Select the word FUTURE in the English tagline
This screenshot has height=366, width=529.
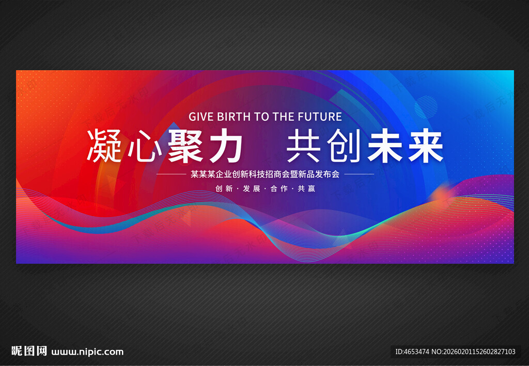pos(318,116)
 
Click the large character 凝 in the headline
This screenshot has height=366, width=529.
pos(104,147)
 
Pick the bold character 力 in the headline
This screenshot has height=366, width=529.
pos(225,147)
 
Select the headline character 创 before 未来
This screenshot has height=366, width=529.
pos(345,147)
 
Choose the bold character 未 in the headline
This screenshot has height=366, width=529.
pos(385,147)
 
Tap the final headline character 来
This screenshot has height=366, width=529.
pos(425,147)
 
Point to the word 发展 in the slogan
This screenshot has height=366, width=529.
pos(251,188)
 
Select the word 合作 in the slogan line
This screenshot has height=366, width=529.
pos(279,188)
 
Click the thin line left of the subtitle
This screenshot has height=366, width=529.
pos(170,174)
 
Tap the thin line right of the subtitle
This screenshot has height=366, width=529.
pos(359,174)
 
